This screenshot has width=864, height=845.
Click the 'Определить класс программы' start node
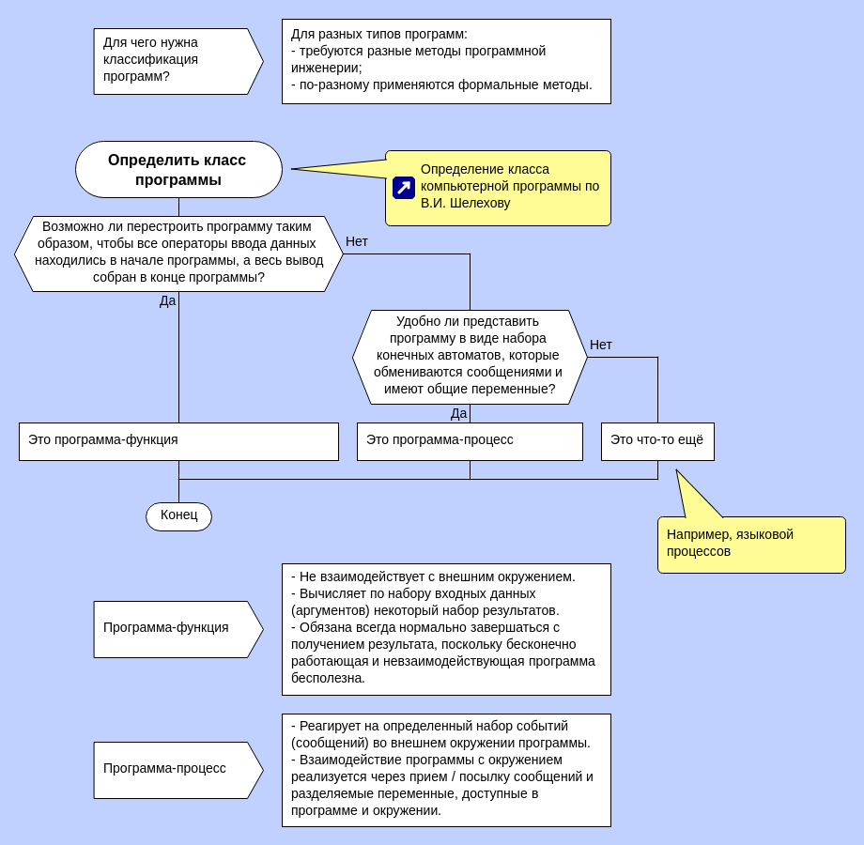(x=178, y=169)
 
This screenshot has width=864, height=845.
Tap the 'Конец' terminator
(x=178, y=515)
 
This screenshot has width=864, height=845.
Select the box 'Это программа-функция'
(x=178, y=441)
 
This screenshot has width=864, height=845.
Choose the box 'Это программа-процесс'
(x=470, y=441)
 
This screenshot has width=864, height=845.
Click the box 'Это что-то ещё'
(x=657, y=440)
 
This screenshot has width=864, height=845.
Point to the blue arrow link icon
(x=404, y=188)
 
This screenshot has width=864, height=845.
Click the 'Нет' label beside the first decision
(x=357, y=241)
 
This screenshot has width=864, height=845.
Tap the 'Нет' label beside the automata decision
(x=601, y=345)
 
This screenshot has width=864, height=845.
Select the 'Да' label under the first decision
(x=167, y=300)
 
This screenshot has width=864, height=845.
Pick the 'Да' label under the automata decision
(x=458, y=413)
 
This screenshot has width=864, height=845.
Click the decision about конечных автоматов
(x=470, y=357)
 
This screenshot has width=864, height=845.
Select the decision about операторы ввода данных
(x=178, y=253)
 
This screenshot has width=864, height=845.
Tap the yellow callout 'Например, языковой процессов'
(x=751, y=544)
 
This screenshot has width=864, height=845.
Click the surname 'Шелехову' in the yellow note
(x=480, y=203)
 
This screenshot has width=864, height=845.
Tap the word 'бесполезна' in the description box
(x=328, y=678)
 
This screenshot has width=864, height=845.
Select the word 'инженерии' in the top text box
(x=325, y=68)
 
